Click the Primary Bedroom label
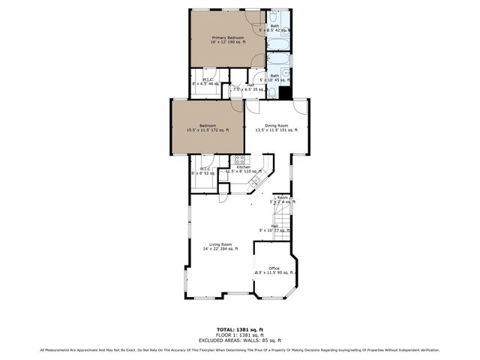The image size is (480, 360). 229,40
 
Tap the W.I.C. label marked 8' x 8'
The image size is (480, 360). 203,170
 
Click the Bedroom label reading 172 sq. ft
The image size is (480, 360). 208,127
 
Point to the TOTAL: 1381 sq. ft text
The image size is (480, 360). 240,329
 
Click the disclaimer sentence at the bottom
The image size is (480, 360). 240,349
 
